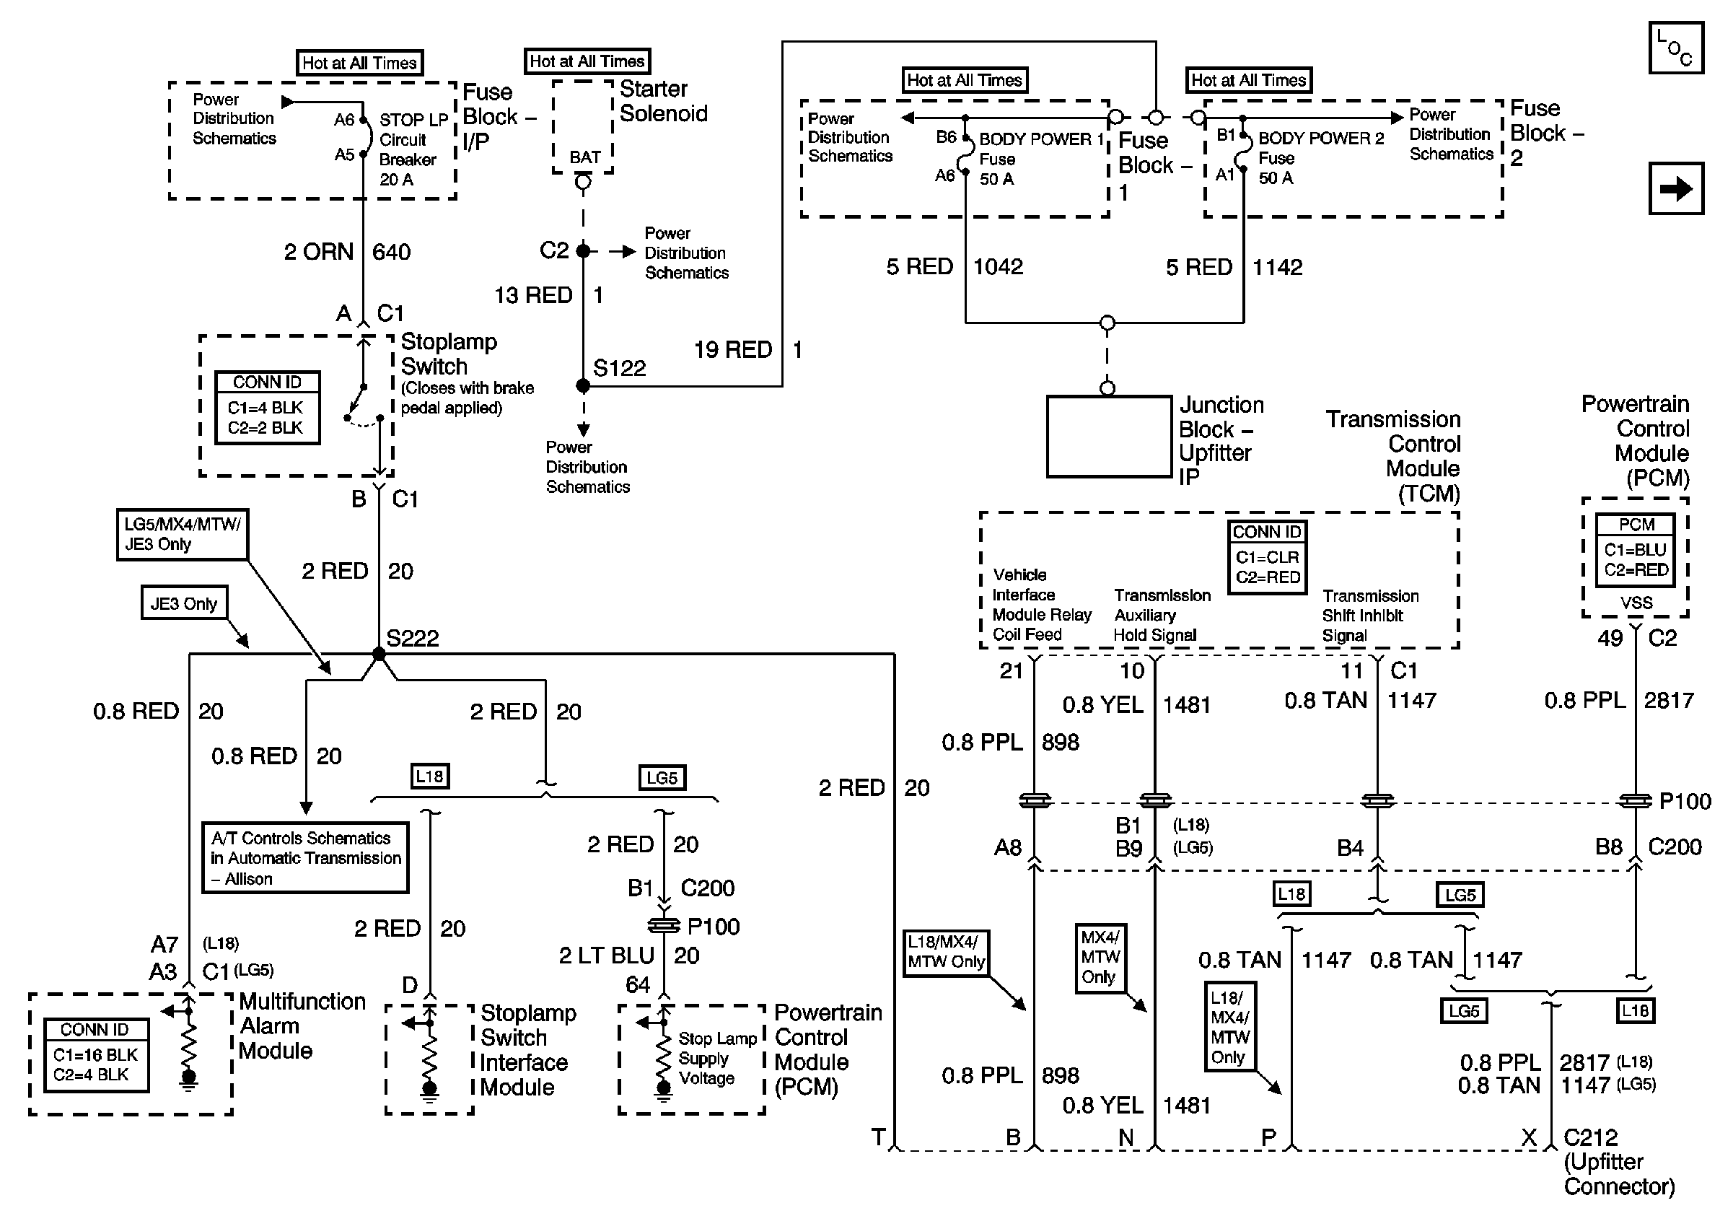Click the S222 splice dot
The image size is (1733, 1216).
point(379,654)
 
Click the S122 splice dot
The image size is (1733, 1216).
point(583,385)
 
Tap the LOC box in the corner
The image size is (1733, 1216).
point(1675,48)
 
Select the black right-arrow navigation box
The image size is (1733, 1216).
point(1675,188)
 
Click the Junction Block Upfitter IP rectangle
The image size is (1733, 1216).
point(1109,437)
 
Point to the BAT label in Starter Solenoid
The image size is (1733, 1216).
point(585,157)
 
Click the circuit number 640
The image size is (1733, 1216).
point(392,251)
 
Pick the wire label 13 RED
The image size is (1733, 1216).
point(534,295)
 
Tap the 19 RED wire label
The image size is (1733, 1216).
point(733,349)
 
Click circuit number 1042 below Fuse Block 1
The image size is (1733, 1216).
point(998,266)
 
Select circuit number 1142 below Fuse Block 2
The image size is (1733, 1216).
point(1277,266)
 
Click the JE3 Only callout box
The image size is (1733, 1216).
point(183,603)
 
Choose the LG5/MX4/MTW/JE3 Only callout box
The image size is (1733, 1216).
point(182,535)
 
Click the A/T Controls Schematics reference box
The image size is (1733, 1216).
point(305,858)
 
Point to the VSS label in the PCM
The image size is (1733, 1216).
point(1636,603)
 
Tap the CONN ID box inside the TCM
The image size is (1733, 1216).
point(1268,557)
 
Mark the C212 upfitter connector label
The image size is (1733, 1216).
point(1590,1137)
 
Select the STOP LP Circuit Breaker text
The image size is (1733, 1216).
point(413,149)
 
